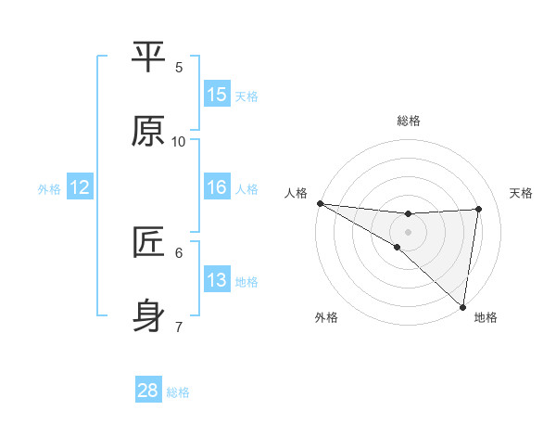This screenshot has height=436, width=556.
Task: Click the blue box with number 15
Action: (217, 95)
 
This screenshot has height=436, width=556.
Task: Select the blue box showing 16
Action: (217, 187)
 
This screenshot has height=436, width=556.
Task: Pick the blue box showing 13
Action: (217, 280)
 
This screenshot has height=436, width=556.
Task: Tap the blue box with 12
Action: (80, 187)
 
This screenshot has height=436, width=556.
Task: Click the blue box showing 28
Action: (148, 391)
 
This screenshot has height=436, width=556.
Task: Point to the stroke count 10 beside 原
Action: (179, 141)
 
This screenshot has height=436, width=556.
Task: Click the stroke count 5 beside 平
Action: (179, 67)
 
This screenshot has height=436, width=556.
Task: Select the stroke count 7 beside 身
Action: (179, 327)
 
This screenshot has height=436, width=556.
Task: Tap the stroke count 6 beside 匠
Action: (179, 252)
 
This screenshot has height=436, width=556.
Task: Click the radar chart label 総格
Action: (409, 121)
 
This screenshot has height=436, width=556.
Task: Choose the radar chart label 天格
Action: (522, 193)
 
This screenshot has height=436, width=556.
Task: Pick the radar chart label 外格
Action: (326, 318)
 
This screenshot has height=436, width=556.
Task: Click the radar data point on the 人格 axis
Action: (320, 203)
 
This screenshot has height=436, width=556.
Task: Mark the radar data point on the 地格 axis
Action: (462, 306)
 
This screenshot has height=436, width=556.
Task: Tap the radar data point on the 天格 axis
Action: (479, 209)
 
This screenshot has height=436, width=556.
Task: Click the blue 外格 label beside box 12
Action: (49, 188)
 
